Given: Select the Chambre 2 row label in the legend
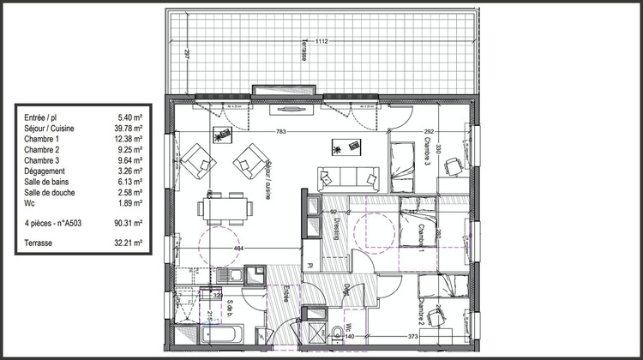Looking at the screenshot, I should (42, 148).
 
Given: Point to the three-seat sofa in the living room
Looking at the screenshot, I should (348, 178).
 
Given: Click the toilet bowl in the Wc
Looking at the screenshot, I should (335, 332).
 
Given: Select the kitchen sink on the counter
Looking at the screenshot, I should (227, 274).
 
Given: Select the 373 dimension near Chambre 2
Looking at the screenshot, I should (412, 337).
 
